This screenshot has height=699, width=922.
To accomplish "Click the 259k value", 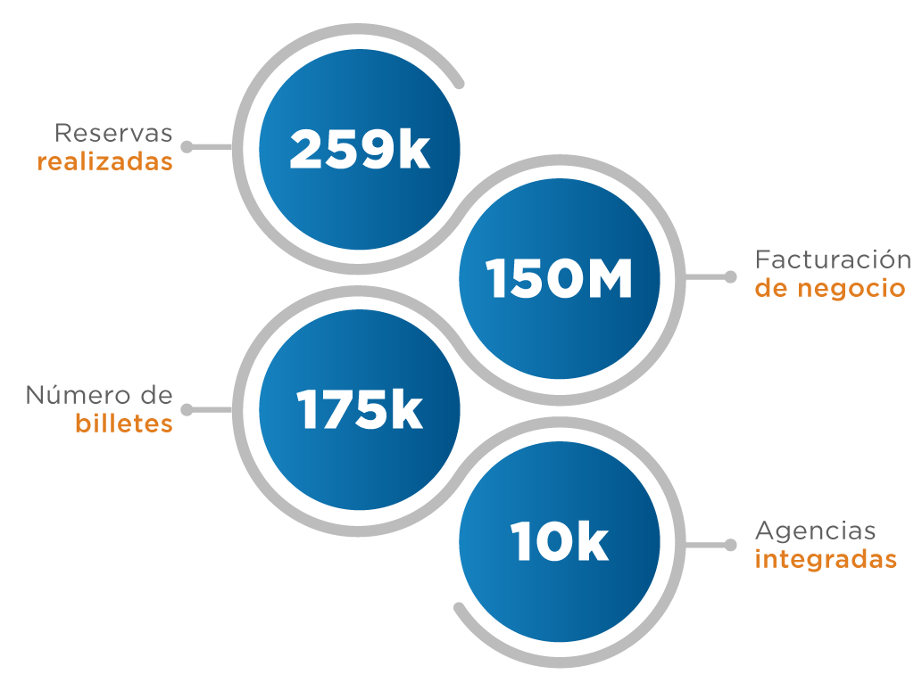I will point(359,149).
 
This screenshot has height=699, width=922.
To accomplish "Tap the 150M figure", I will point(560,280).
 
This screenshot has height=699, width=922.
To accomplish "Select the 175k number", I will point(359,410).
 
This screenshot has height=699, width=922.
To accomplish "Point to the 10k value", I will point(560,541).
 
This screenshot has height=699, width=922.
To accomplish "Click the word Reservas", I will point(113,134).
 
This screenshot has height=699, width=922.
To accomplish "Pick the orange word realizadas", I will point(105,163).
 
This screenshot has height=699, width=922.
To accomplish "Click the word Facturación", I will point(833,259).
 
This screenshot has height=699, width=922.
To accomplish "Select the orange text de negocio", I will point(830,289).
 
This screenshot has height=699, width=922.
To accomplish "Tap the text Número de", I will point(99,395).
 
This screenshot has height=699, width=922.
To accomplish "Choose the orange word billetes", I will point(124,424).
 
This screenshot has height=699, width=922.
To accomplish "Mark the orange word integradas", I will point(826,560).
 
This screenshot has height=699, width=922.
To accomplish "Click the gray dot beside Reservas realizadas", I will point(187,145).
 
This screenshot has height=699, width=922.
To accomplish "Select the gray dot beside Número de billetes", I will point(187,409).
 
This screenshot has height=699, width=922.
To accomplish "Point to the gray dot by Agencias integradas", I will point(731,543).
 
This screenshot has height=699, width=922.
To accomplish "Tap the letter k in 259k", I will point(413,149).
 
